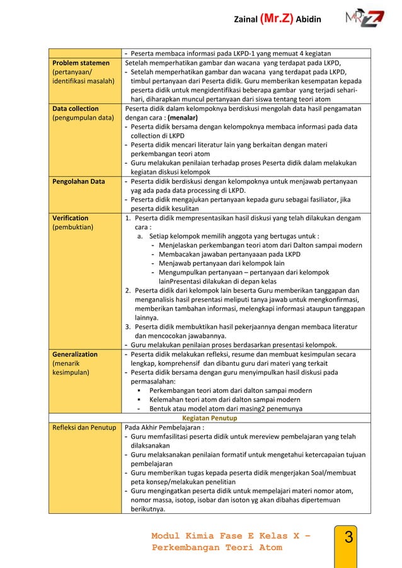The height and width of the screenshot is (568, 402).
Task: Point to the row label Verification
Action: pos(71,218)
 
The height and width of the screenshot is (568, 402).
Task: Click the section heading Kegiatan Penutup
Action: pos(210,417)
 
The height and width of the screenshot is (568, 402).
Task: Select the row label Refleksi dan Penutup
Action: pos(85,428)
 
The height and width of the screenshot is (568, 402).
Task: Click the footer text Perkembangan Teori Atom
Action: pos(216,548)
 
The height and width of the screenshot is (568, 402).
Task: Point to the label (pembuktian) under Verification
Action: pos(73,227)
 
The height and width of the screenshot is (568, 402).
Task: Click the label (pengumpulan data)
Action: pos(83,117)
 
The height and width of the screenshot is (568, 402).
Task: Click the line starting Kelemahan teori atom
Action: pos(224,399)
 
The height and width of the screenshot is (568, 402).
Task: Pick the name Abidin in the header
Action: pos(309,20)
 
